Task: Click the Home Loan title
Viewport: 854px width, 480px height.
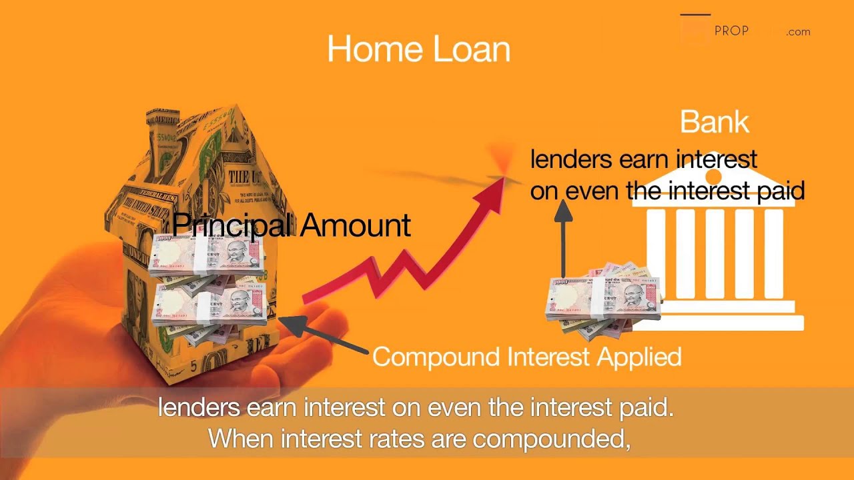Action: [418, 49]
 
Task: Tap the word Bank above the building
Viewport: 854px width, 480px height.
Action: [714, 122]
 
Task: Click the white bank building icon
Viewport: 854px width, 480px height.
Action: [717, 267]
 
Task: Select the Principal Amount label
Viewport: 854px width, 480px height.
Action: [291, 225]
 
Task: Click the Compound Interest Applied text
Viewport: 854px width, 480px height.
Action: [526, 357]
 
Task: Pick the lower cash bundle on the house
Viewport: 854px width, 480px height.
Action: [209, 304]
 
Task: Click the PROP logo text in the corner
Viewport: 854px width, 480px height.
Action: [731, 31]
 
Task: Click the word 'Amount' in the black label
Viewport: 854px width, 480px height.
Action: [355, 225]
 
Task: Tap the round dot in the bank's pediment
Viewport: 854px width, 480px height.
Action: [713, 177]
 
